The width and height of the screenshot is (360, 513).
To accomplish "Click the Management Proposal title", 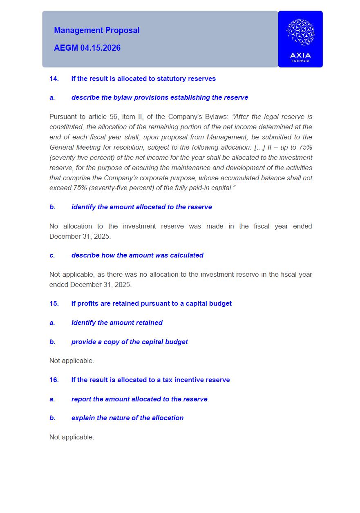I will tap(97, 30).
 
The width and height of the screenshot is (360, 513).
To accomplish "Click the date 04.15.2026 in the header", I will tap(100, 48).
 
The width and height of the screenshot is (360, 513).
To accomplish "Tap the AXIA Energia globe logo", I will tap(300, 32).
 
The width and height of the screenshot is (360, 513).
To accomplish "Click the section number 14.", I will tap(54, 78).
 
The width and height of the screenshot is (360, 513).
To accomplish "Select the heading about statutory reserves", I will tap(143, 78).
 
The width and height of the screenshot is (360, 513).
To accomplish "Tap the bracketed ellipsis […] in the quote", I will tap(260, 147).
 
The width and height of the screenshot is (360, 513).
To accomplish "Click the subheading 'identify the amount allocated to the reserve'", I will tap(141, 207).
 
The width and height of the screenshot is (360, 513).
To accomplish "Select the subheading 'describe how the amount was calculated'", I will tap(137, 255).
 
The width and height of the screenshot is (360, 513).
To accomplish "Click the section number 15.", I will tap(54, 303).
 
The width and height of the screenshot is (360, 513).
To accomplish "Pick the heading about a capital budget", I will tap(151, 303).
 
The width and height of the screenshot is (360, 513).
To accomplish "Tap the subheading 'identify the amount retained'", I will tap(117, 323).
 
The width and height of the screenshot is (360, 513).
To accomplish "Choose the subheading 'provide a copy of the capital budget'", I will tap(130, 342).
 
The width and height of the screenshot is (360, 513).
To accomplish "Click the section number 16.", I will tap(54, 380).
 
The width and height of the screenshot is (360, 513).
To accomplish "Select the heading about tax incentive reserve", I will tap(150, 380).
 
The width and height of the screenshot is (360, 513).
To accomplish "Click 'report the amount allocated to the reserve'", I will tap(139, 399).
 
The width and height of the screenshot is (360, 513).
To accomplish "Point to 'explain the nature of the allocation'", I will tap(127, 418).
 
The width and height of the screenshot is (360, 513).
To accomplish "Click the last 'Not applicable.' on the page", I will tap(72, 437).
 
